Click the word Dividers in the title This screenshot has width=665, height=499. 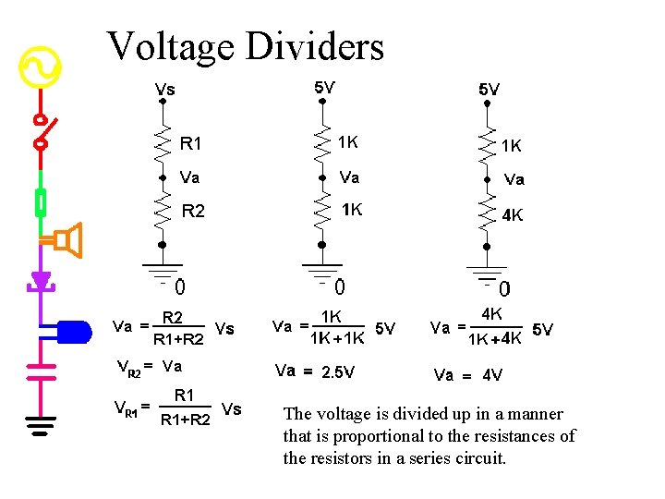pyautogui.click(x=314, y=46)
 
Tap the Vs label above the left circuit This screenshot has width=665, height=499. pyautogui.click(x=165, y=90)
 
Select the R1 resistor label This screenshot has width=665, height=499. pyautogui.click(x=191, y=143)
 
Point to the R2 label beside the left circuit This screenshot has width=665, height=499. pyautogui.click(x=193, y=212)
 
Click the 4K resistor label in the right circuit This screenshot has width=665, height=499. pyautogui.click(x=513, y=215)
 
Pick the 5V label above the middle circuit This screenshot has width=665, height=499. pyautogui.click(x=324, y=88)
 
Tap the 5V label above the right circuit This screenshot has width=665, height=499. pyautogui.click(x=489, y=90)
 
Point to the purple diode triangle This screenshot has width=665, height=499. pyautogui.click(x=41, y=280)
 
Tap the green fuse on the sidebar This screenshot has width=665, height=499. pyautogui.click(x=41, y=202)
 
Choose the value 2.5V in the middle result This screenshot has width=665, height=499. pyautogui.click(x=337, y=372)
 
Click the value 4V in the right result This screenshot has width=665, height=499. pyautogui.click(x=493, y=375)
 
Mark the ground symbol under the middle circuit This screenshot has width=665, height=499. pyautogui.click(x=322, y=272)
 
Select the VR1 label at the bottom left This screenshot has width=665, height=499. pyautogui.click(x=127, y=408)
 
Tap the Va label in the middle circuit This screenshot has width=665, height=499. pyautogui.click(x=349, y=177)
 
